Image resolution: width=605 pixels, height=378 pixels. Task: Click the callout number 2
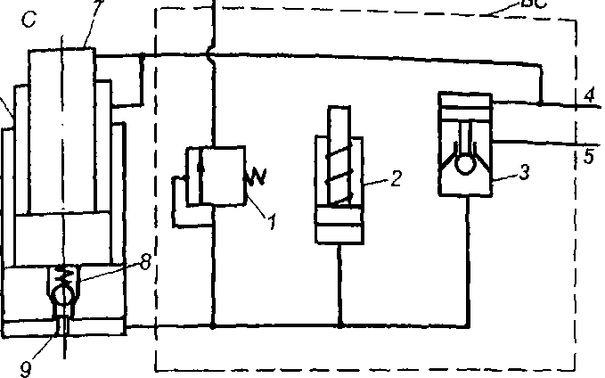click(396, 178)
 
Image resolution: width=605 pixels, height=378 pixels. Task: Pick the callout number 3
click(525, 172)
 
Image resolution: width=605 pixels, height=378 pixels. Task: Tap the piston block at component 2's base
click(339, 228)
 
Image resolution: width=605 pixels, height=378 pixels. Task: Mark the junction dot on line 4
click(541, 103)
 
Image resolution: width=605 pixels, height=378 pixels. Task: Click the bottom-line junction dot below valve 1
click(213, 325)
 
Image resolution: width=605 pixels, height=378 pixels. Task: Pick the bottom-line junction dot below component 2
click(339, 325)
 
